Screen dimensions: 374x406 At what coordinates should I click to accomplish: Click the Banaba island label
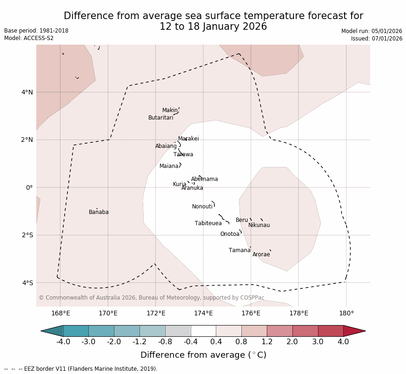pos(99,212)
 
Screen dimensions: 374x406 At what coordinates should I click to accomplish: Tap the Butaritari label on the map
pos(161,118)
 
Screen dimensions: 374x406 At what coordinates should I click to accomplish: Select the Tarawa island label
pos(183,154)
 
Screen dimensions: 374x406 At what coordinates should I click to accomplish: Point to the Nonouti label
pos(202,207)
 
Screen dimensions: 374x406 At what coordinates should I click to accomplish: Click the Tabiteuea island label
pos(208,223)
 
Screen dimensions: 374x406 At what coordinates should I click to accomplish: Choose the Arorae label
pos(261,254)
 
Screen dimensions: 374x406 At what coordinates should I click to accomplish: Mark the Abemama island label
pos(205,179)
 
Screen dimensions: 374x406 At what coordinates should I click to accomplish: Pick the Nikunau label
pos(259,225)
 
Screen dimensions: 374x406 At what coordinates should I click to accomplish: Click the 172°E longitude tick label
pos(155,313)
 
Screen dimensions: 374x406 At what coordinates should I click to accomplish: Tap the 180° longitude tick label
pos(346,313)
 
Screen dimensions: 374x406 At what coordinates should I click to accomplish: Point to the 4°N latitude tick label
pos(27,92)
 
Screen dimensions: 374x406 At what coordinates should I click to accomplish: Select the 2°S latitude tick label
pos(27,235)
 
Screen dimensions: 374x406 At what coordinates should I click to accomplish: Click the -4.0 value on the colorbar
pos(63,342)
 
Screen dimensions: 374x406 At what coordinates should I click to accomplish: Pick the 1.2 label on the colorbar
pos(267,342)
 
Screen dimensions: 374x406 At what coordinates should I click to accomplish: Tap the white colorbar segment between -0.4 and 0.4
pos(203,331)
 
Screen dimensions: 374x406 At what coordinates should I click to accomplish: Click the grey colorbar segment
pos(178,331)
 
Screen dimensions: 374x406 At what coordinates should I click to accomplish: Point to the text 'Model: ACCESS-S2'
pos(29,38)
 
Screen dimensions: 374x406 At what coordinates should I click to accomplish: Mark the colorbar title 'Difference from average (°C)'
pos(203,355)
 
